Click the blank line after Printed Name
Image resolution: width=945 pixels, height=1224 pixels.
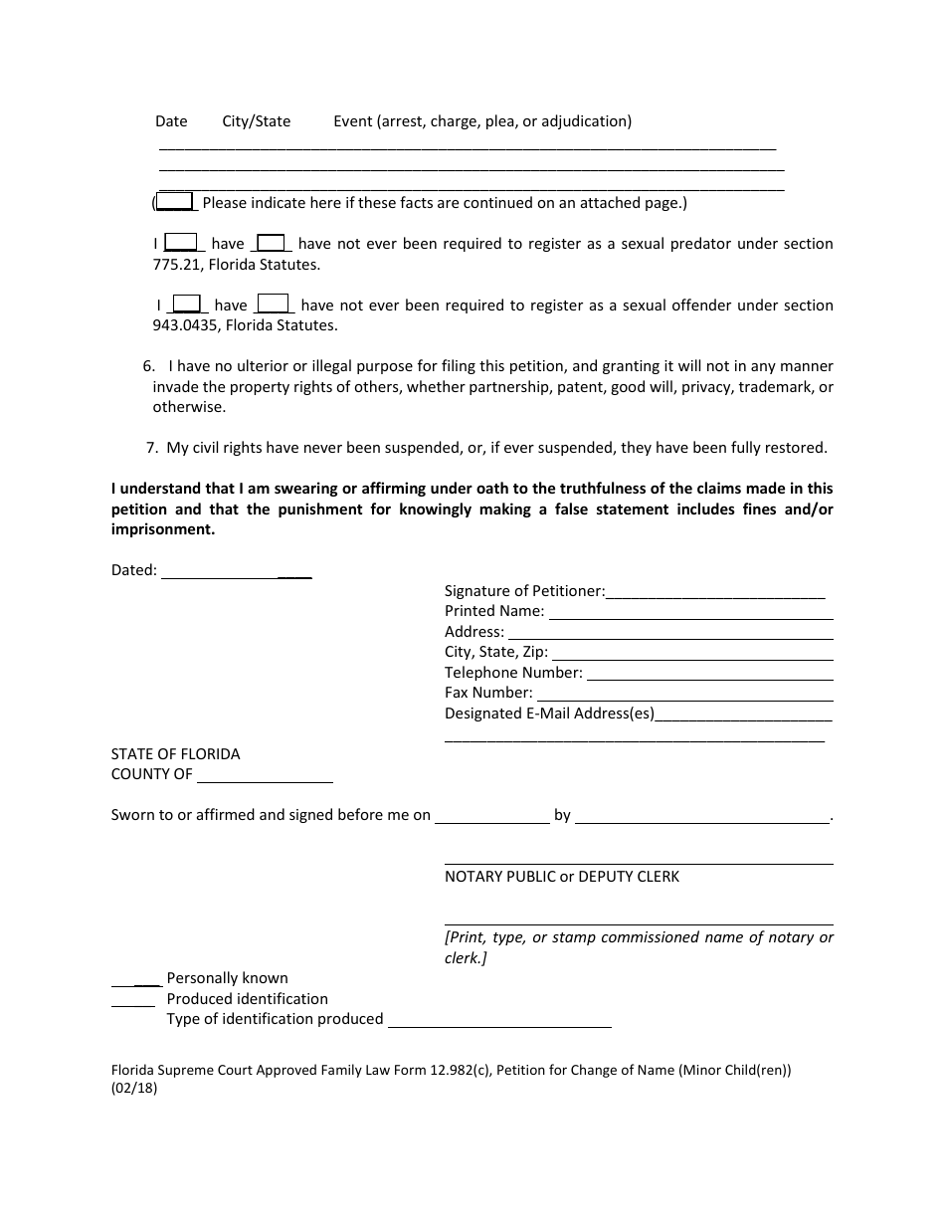pyautogui.click(x=690, y=614)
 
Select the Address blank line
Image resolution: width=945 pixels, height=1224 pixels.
pyautogui.click(x=670, y=634)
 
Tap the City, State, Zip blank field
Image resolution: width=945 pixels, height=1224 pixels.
pyautogui.click(x=690, y=655)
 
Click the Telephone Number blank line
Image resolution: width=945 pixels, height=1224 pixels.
pyautogui.click(x=709, y=675)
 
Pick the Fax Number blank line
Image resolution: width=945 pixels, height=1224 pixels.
pyautogui.click(x=684, y=696)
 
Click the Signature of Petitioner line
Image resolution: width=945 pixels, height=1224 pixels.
pyautogui.click(x=715, y=593)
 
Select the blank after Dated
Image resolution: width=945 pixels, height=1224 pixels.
pyautogui.click(x=237, y=573)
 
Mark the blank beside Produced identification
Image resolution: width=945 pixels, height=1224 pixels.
pyautogui.click(x=133, y=1000)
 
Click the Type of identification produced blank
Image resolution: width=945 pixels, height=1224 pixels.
pyautogui.click(x=499, y=1021)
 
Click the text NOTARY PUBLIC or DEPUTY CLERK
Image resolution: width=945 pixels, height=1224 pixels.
pyautogui.click(x=562, y=877)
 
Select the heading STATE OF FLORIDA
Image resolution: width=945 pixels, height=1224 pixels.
pyautogui.click(x=175, y=754)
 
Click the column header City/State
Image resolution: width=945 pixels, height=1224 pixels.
pyautogui.click(x=256, y=121)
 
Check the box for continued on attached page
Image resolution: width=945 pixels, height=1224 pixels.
pyautogui.click(x=176, y=202)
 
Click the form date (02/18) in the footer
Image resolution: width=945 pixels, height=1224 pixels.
pyautogui.click(x=134, y=1089)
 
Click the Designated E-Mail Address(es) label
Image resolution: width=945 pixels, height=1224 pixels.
pyautogui.click(x=549, y=714)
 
